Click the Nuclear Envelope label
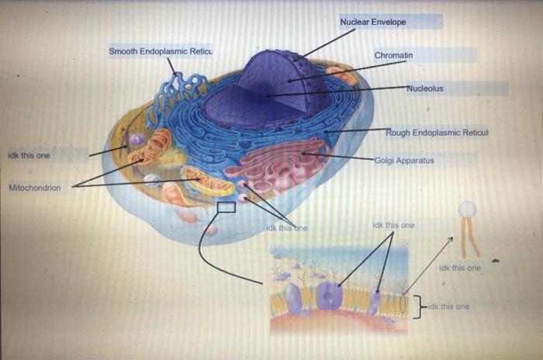tap(373, 22)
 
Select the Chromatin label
tap(393, 56)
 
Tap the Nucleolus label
tap(425, 88)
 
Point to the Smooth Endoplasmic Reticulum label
tap(161, 51)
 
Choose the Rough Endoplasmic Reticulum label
tap(437, 133)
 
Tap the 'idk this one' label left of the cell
tap(29, 155)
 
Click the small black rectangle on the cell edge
tap(227, 207)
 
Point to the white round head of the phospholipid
tap(467, 209)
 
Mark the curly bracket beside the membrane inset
tap(418, 306)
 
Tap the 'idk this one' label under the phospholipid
tap(459, 268)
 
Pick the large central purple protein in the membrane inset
tap(329, 296)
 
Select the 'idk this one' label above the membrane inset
tap(393, 225)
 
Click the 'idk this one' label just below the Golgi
tap(287, 228)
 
